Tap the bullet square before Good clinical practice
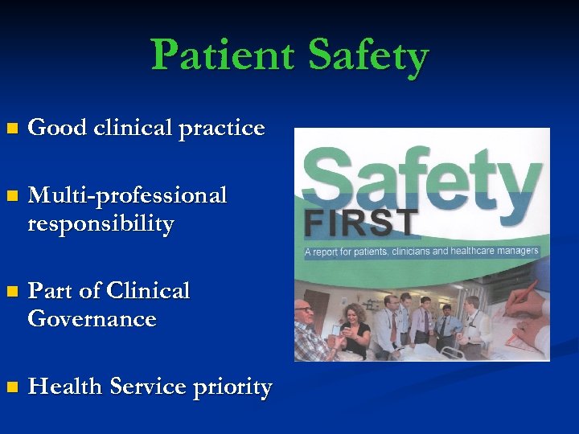tap(10, 129)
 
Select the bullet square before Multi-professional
tap(10, 196)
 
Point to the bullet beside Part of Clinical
tap(10, 291)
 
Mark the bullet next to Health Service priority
tap(10, 387)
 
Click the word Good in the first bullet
tap(55, 128)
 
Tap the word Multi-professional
tap(127, 196)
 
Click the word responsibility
tap(101, 224)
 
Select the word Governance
tap(92, 319)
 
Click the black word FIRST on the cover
tap(362, 222)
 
